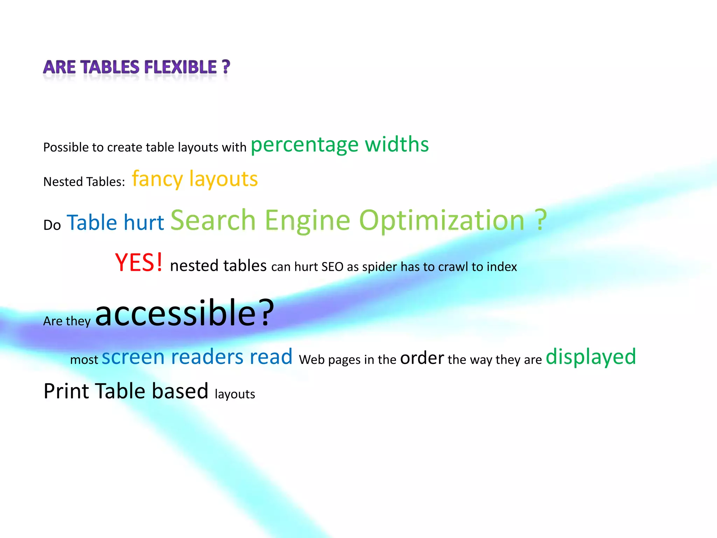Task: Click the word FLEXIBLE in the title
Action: [180, 67]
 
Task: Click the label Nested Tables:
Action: [84, 182]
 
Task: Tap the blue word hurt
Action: [144, 223]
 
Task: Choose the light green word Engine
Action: [307, 220]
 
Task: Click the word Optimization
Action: [442, 221]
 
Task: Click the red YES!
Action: [139, 263]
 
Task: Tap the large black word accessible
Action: [176, 313]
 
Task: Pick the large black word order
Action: [422, 358]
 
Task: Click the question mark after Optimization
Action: [541, 220]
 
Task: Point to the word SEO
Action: [332, 267]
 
